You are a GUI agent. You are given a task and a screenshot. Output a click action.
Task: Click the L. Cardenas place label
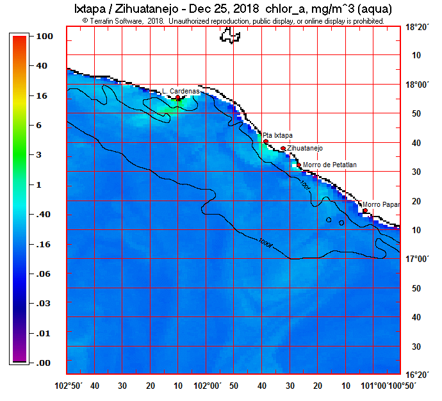pyautogui.click(x=181, y=91)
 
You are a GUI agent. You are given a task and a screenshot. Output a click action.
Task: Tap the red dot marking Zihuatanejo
pyautogui.click(x=283, y=149)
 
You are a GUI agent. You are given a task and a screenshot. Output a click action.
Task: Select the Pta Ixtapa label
pyautogui.click(x=277, y=135)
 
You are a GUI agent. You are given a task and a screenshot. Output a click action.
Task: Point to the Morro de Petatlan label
pyautogui.click(x=329, y=165)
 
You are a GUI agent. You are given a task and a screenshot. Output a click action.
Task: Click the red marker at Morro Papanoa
pyautogui.click(x=365, y=211)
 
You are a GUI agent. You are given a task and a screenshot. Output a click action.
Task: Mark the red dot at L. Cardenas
pyautogui.click(x=178, y=98)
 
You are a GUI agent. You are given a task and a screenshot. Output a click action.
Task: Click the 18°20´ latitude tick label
pyautogui.click(x=419, y=27)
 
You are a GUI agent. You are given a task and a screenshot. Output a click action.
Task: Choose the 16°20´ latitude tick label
pyautogui.click(x=419, y=375)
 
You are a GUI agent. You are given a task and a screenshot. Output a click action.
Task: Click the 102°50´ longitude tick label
pyautogui.click(x=71, y=386)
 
